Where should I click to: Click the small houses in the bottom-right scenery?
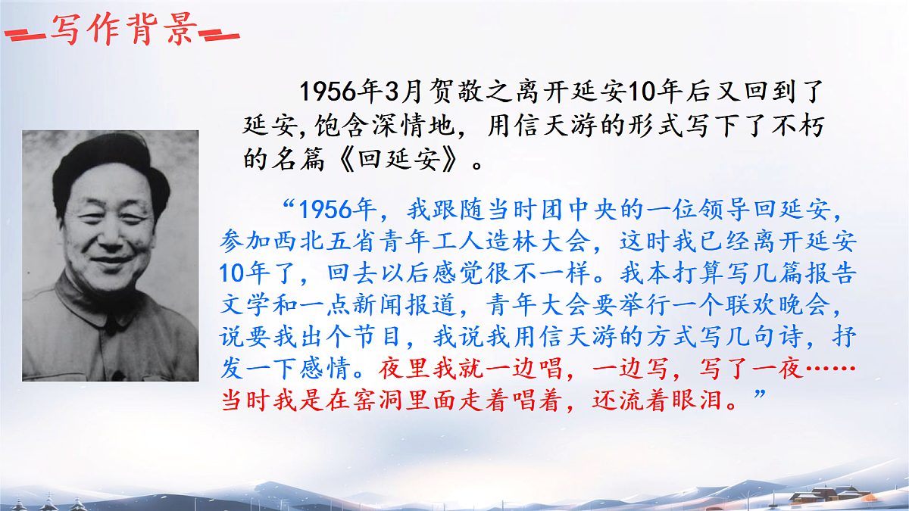click(x=818, y=496)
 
